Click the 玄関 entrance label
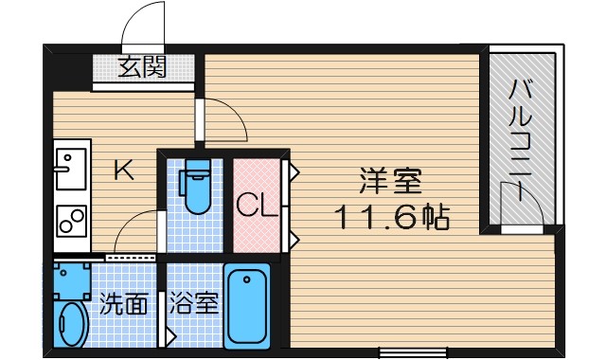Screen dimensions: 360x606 coord(142,68)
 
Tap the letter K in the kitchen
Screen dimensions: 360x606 coord(123,171)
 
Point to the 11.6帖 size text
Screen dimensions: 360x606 coord(389,217)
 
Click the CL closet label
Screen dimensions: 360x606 coord(256,206)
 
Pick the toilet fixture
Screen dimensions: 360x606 coord(197,188)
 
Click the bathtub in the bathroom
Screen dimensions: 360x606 coord(247,306)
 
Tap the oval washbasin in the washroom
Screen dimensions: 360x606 coord(71,324)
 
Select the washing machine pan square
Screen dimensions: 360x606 coord(71,278)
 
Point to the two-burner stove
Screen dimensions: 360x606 coord(70,220)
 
